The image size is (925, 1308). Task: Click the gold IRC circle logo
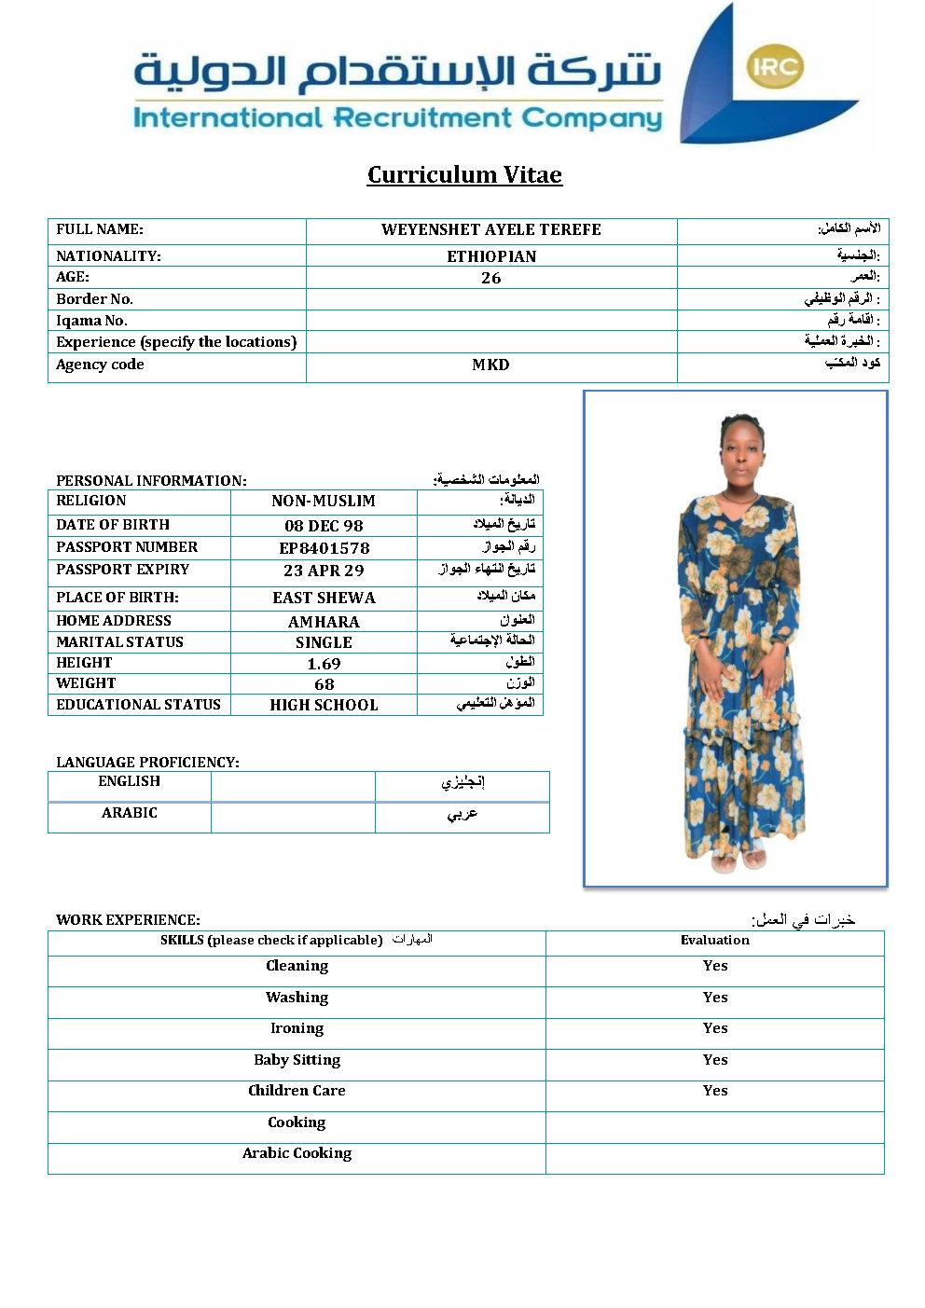(x=775, y=66)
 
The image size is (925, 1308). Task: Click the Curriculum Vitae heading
(x=464, y=175)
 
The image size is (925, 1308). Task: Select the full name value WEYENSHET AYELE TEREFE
(x=490, y=230)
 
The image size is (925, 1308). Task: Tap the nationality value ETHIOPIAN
(x=491, y=256)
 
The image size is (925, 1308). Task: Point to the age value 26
(x=490, y=278)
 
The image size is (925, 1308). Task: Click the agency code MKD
(x=490, y=365)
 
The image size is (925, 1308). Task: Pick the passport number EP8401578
(x=324, y=548)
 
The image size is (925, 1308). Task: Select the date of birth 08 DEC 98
(x=324, y=526)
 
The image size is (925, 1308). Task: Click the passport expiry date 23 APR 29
(x=324, y=571)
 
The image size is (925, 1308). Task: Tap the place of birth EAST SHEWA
(x=324, y=598)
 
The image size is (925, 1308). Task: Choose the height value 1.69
(x=324, y=664)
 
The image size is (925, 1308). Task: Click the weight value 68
(x=324, y=684)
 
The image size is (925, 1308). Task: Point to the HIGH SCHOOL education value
(x=324, y=706)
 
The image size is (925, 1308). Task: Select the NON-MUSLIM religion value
(x=324, y=502)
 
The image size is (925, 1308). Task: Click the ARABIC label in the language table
(x=130, y=813)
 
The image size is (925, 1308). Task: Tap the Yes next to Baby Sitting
(x=715, y=1060)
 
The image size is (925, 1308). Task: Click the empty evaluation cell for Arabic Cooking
(x=715, y=1157)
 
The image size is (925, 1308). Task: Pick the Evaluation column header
(x=715, y=941)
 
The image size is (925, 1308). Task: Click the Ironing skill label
(x=297, y=1028)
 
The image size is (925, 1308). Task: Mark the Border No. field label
(x=95, y=299)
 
